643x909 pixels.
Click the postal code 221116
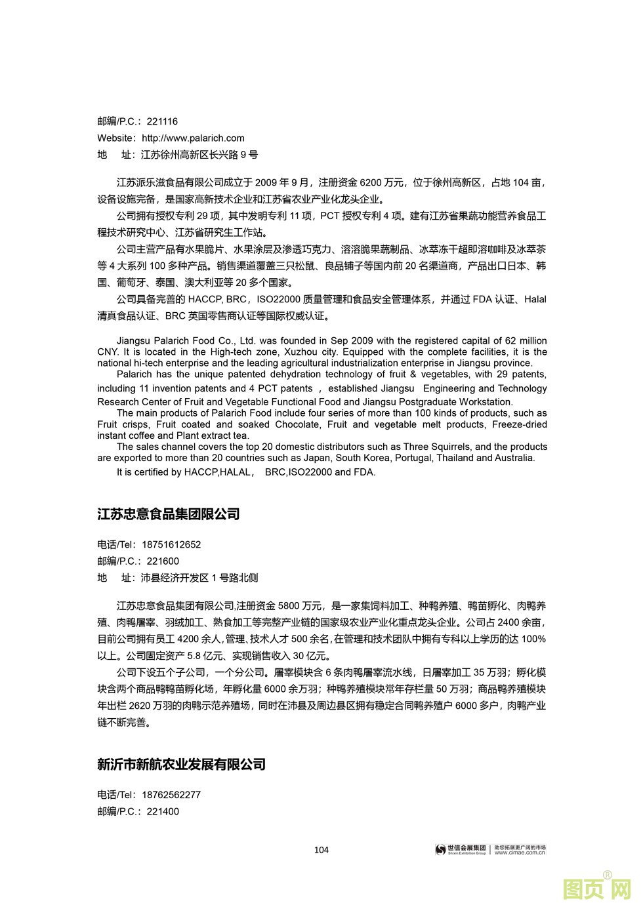coord(162,121)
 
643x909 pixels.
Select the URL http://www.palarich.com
coord(193,138)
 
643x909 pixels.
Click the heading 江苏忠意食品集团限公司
coord(169,514)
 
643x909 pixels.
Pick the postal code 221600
coord(163,561)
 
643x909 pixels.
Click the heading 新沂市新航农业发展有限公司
coord(181,764)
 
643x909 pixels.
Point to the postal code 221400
coord(163,811)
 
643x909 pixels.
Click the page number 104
coord(321,850)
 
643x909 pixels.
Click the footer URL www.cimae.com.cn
coord(520,853)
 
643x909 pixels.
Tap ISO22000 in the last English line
coord(308,472)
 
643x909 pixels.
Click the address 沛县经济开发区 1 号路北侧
coord(199,578)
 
